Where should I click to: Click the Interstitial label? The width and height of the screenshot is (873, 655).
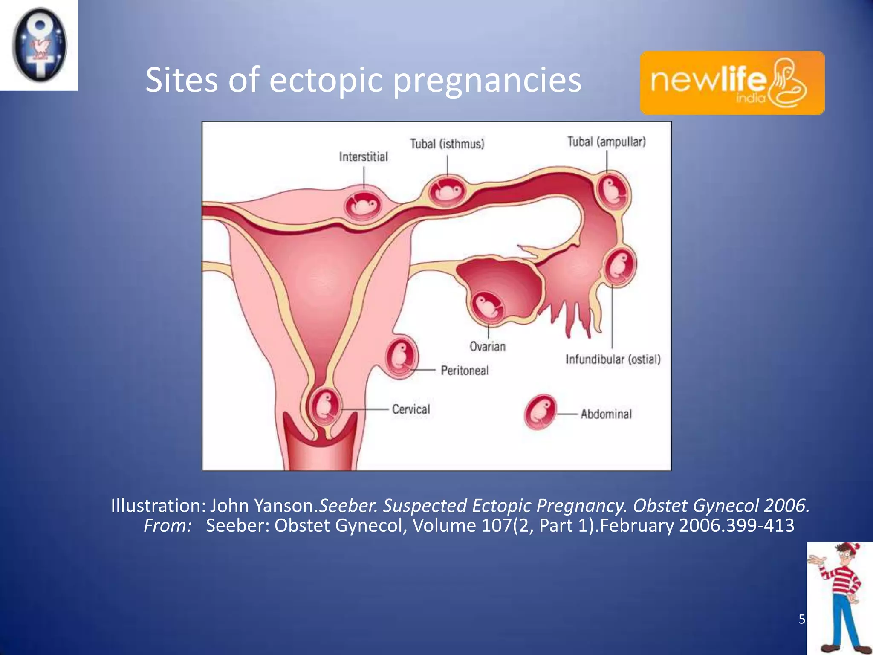pyautogui.click(x=364, y=157)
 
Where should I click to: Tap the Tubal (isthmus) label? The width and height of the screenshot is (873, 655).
pyautogui.click(x=447, y=144)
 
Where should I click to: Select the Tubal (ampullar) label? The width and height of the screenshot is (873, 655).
pyautogui.click(x=606, y=142)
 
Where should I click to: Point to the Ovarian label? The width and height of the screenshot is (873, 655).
pyautogui.click(x=488, y=346)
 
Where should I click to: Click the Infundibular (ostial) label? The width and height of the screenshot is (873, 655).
pyautogui.click(x=613, y=359)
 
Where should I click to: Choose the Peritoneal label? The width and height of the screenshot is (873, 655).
pyautogui.click(x=465, y=370)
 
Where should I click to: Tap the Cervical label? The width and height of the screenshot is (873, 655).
pyautogui.click(x=411, y=409)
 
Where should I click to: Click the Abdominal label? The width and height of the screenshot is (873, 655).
pyautogui.click(x=606, y=414)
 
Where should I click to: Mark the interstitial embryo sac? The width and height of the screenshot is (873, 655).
pyautogui.click(x=363, y=205)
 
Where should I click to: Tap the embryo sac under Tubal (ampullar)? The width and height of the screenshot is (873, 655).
pyautogui.click(x=613, y=191)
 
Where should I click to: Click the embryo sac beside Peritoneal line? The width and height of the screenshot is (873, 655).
pyautogui.click(x=401, y=357)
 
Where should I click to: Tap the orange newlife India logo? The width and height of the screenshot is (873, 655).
pyautogui.click(x=732, y=83)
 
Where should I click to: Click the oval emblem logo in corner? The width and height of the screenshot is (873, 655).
pyautogui.click(x=39, y=45)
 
